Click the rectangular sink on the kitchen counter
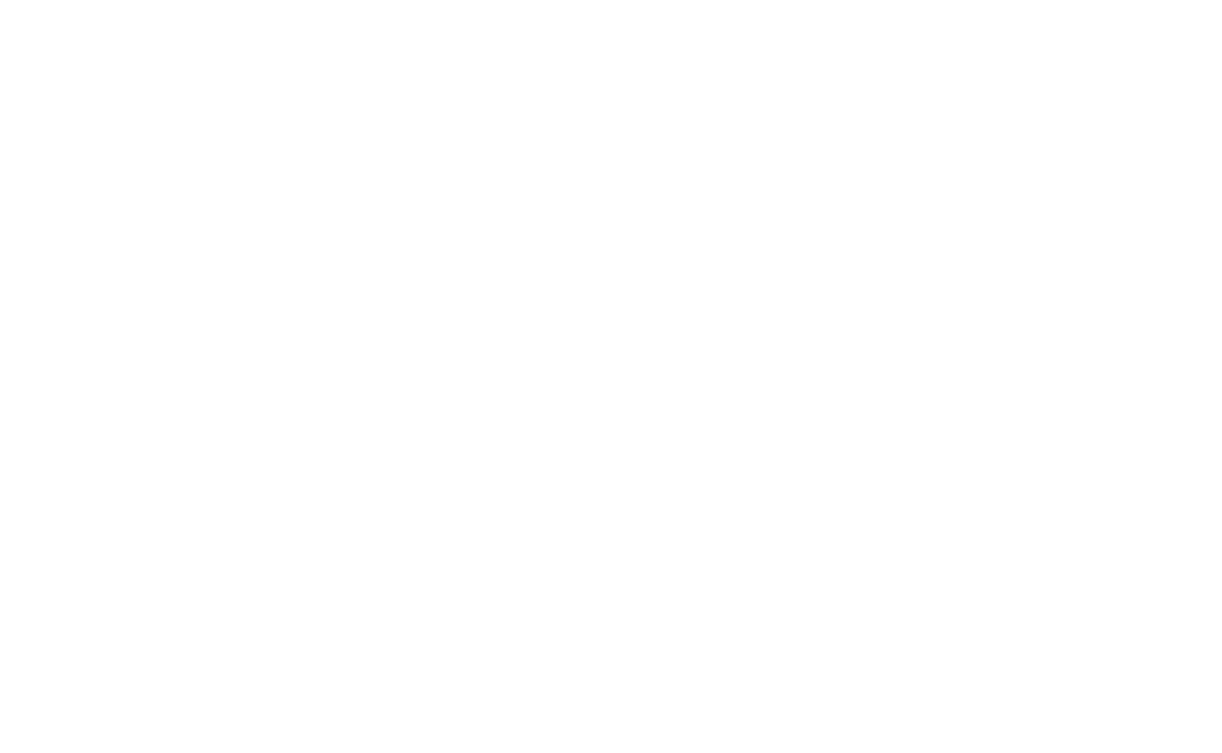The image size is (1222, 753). click(847, 497)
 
